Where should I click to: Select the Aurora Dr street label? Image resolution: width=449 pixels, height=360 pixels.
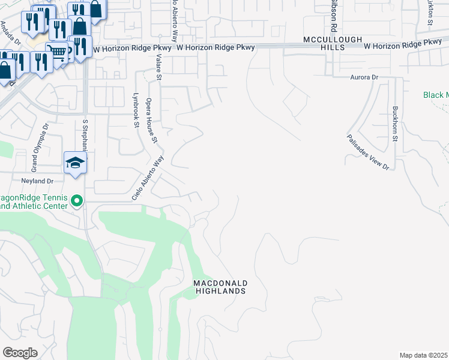coord(364,77)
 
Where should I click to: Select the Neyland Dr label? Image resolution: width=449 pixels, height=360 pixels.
coord(38,180)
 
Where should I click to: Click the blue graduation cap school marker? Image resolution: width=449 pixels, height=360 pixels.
coord(76,163)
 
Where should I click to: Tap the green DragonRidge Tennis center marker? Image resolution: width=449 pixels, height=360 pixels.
coord(76,201)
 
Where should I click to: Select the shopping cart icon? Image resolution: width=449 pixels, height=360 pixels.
coord(57,51)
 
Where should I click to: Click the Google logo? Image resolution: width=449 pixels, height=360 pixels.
coord(20,353)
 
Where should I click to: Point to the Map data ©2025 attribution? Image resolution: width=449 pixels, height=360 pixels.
coord(423,355)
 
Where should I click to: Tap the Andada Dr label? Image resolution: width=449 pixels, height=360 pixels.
coord(10,33)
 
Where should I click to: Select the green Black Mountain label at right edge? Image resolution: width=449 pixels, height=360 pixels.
coord(436,95)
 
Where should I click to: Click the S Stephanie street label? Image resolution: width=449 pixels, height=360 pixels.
coord(85,135)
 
